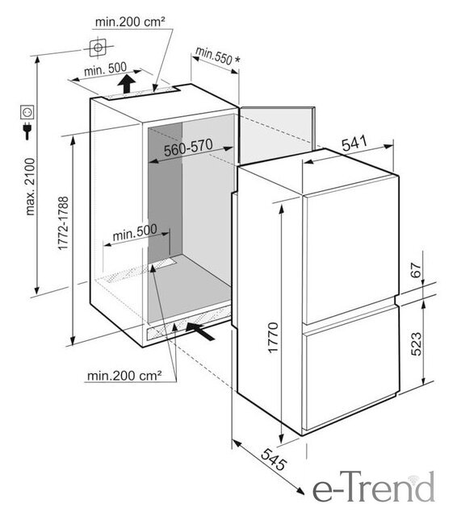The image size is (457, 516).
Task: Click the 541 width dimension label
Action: [354, 144]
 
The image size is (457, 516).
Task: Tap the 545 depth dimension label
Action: [274, 459]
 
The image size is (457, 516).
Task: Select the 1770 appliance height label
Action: [273, 338]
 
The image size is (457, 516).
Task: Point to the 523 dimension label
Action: [416, 344]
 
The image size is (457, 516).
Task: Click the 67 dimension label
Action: [417, 270]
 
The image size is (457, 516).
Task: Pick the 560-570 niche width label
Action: [188, 148]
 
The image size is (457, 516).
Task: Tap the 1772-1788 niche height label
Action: [63, 223]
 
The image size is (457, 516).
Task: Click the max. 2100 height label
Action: [31, 187]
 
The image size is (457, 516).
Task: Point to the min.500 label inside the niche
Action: [135, 232]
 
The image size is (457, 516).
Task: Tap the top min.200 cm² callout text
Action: [130, 22]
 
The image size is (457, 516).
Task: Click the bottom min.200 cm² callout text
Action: [124, 376]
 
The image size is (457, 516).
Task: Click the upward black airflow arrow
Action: [126, 84]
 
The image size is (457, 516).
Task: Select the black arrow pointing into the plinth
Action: [200, 331]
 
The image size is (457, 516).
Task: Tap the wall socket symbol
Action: [27, 112]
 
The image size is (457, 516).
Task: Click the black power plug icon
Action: [27, 131]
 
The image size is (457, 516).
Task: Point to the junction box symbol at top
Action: [98, 48]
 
